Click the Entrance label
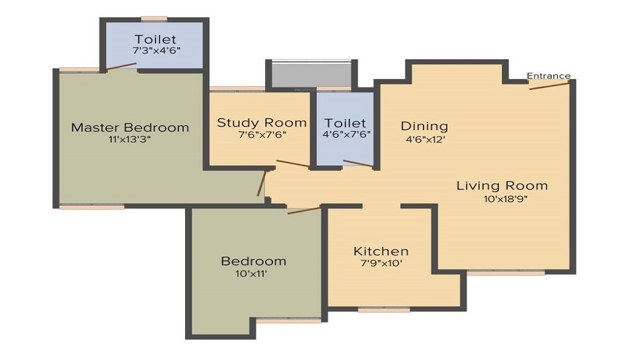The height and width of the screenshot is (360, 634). click(x=548, y=76)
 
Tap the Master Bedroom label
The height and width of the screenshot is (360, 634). click(x=130, y=127)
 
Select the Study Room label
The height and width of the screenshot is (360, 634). click(x=262, y=122)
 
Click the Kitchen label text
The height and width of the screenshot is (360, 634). click(x=381, y=251)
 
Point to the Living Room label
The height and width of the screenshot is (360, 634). click(x=502, y=186)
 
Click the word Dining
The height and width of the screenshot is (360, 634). click(x=424, y=126)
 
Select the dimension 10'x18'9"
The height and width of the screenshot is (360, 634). click(x=505, y=199)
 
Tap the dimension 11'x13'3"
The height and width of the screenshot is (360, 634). click(x=129, y=140)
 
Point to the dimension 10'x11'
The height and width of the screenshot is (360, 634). click(x=253, y=274)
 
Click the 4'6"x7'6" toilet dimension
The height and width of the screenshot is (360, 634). click(x=346, y=134)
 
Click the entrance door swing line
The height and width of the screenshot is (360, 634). click(x=549, y=85)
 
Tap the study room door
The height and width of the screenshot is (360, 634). click(x=292, y=164)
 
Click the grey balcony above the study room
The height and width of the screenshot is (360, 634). click(x=311, y=75)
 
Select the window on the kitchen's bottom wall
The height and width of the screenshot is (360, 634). click(x=384, y=310)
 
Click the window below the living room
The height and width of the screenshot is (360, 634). click(x=505, y=273)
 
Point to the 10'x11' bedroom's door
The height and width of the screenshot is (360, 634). click(x=304, y=210)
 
